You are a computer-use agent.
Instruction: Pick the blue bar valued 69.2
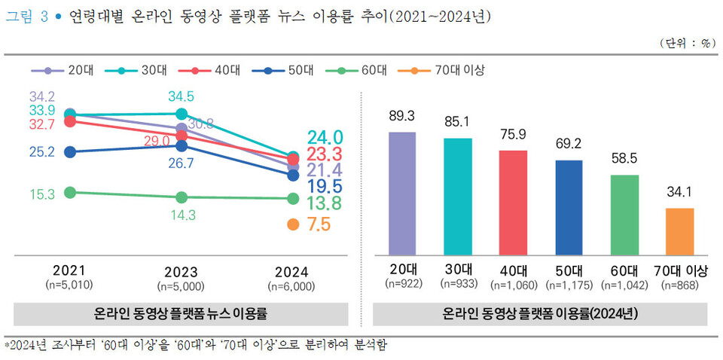569,207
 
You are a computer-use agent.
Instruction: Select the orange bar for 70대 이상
679,231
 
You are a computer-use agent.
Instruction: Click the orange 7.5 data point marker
294,224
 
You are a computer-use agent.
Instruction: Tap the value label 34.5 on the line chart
181,97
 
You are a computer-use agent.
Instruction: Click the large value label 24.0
325,138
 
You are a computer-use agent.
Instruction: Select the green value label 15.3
42,194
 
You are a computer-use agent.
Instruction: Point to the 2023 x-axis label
181,273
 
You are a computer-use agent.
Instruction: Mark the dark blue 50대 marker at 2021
71,152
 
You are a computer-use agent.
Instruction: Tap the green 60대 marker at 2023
182,197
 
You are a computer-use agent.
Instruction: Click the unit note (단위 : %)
686,43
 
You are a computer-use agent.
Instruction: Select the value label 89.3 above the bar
402,117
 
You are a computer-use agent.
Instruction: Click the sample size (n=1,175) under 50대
569,285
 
